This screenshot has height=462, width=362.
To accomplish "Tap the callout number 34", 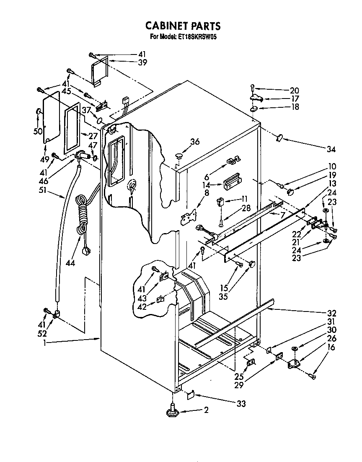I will [331, 148].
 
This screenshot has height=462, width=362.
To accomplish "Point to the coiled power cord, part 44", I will [82, 218].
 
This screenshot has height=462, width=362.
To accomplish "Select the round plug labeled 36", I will [179, 156].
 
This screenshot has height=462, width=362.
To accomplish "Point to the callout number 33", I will [240, 404].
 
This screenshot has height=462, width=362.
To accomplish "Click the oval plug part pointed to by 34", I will [279, 138].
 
